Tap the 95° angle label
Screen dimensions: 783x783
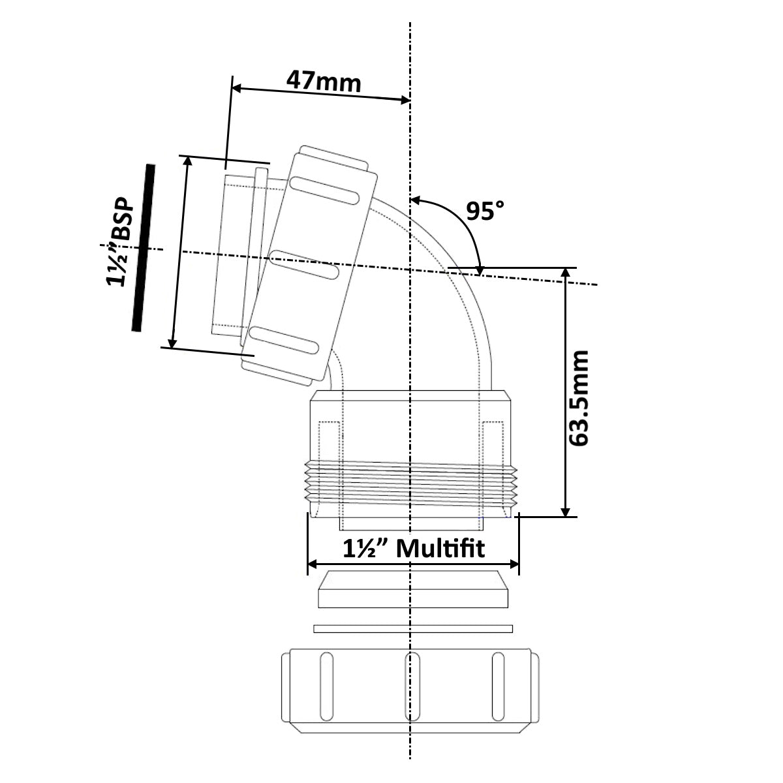(485, 211)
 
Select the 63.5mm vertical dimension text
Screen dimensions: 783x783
(578, 398)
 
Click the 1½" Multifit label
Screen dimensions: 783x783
(414, 549)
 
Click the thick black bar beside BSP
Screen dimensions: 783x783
(143, 248)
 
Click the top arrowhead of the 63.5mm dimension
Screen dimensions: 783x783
(566, 273)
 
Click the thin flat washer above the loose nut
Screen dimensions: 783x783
(412, 628)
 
